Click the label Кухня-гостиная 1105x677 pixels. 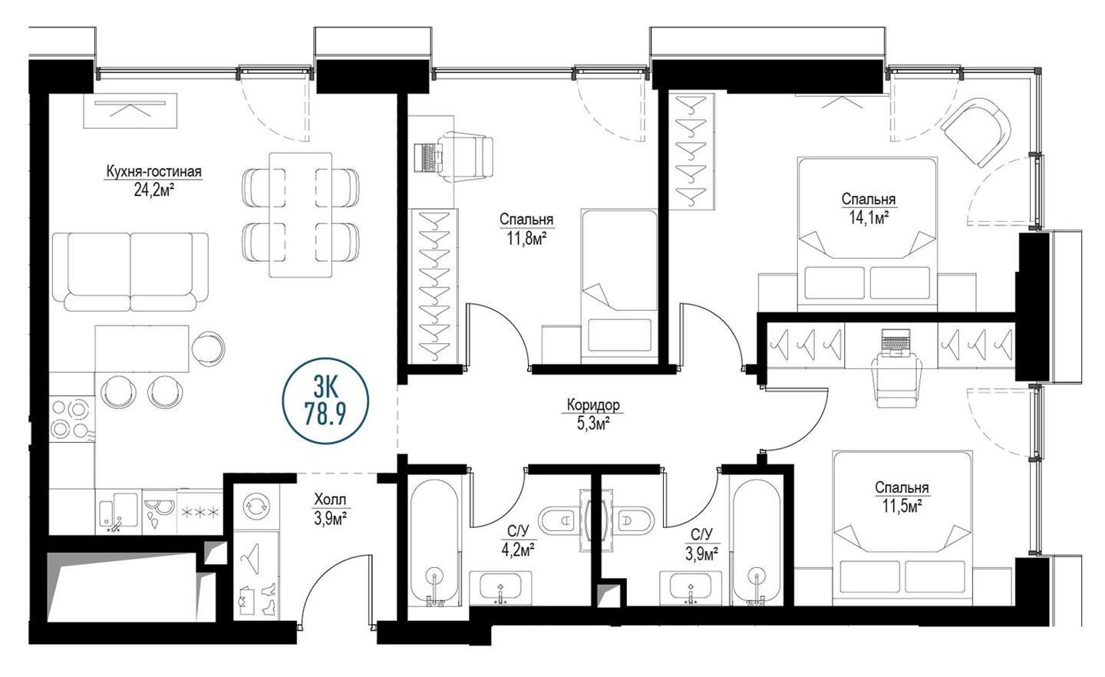[154, 172]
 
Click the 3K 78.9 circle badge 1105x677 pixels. [325, 401]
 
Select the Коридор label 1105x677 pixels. [593, 405]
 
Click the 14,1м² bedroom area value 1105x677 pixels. [869, 218]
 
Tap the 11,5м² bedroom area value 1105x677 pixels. [902, 507]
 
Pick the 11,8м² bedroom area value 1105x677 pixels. [526, 239]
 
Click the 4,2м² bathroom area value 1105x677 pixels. [518, 550]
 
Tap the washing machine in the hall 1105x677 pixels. [256, 507]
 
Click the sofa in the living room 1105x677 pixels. [130, 272]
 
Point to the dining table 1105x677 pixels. [301, 215]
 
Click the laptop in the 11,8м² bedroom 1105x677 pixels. [426, 157]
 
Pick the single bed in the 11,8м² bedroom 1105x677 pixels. [619, 287]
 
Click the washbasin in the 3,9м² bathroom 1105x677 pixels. [690, 588]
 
